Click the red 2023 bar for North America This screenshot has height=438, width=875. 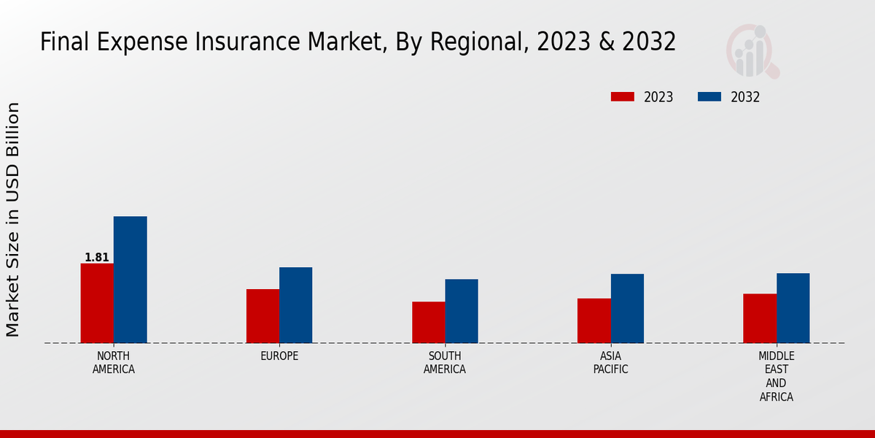[x=97, y=303]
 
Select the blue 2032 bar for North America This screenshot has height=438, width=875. [x=131, y=280]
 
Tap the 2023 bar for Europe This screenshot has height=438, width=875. [x=262, y=316]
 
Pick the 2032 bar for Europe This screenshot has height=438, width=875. [x=296, y=305]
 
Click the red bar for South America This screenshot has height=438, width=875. [x=429, y=322]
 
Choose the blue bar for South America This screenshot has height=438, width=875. [x=462, y=311]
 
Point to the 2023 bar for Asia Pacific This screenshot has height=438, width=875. [x=594, y=320]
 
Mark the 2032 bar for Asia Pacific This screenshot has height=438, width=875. [x=627, y=308]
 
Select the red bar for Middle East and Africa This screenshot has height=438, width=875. [x=760, y=318]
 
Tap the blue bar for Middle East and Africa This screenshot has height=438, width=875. [x=793, y=308]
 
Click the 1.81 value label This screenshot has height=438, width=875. [x=97, y=258]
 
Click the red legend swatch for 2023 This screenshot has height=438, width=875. [x=623, y=97]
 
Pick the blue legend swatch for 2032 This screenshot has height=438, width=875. [x=709, y=97]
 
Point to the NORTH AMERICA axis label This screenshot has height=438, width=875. [x=114, y=363]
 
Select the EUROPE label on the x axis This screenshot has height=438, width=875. [x=279, y=356]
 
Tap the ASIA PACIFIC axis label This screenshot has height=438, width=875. [x=611, y=363]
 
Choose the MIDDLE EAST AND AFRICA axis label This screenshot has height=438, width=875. [x=777, y=377]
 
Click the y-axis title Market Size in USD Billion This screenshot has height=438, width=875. [x=13, y=219]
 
